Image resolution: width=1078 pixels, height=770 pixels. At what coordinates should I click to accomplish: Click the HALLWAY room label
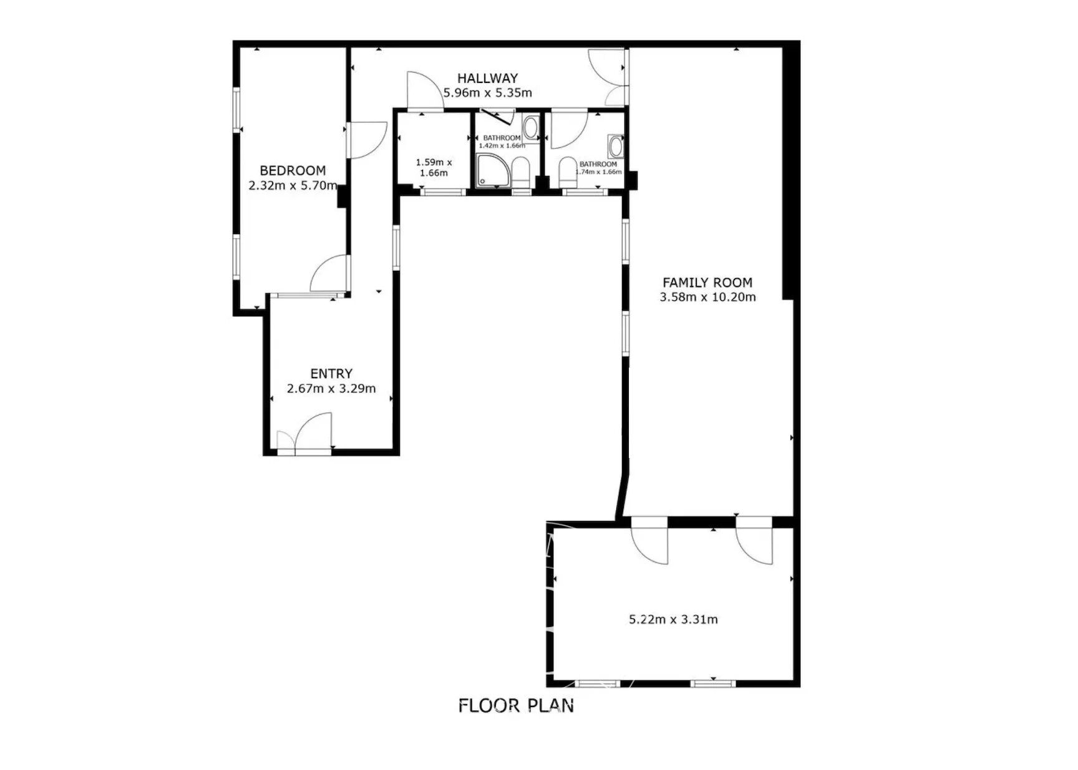pos(487,78)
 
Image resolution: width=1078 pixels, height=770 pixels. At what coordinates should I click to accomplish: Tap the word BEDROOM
pos(293,170)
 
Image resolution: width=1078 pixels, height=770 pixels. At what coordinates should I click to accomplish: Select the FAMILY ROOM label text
pos(707,282)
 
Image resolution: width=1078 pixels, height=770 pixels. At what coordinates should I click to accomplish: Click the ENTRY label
pos(331,374)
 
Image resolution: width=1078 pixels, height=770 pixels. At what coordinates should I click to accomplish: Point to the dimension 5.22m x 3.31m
pos(673,620)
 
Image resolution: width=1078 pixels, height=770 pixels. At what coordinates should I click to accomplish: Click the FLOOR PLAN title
pos(516,706)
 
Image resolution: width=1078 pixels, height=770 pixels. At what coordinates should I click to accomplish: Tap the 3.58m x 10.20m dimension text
pos(707,297)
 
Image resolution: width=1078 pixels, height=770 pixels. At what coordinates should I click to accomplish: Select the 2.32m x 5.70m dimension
pos(293,185)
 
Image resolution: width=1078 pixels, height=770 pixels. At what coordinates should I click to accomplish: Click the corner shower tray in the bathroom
pos(493,170)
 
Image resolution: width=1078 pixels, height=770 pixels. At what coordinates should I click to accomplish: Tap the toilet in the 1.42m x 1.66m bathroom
pos(521,172)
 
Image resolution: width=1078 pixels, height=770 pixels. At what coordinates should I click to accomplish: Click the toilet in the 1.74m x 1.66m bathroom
pos(568,172)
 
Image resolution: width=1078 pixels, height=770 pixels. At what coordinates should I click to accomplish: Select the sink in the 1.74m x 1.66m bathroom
pos(616,147)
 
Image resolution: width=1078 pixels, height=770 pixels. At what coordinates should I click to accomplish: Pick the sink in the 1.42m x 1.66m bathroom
pos(531,129)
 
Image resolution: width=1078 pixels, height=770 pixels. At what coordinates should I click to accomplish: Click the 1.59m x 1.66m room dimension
pos(434,168)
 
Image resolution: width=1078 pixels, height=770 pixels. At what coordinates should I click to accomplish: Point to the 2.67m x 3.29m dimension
pos(331,389)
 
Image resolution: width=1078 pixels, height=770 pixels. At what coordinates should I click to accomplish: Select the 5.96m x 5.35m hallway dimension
pos(487,93)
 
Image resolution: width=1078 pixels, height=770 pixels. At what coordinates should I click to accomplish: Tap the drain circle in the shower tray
pos(482,182)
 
